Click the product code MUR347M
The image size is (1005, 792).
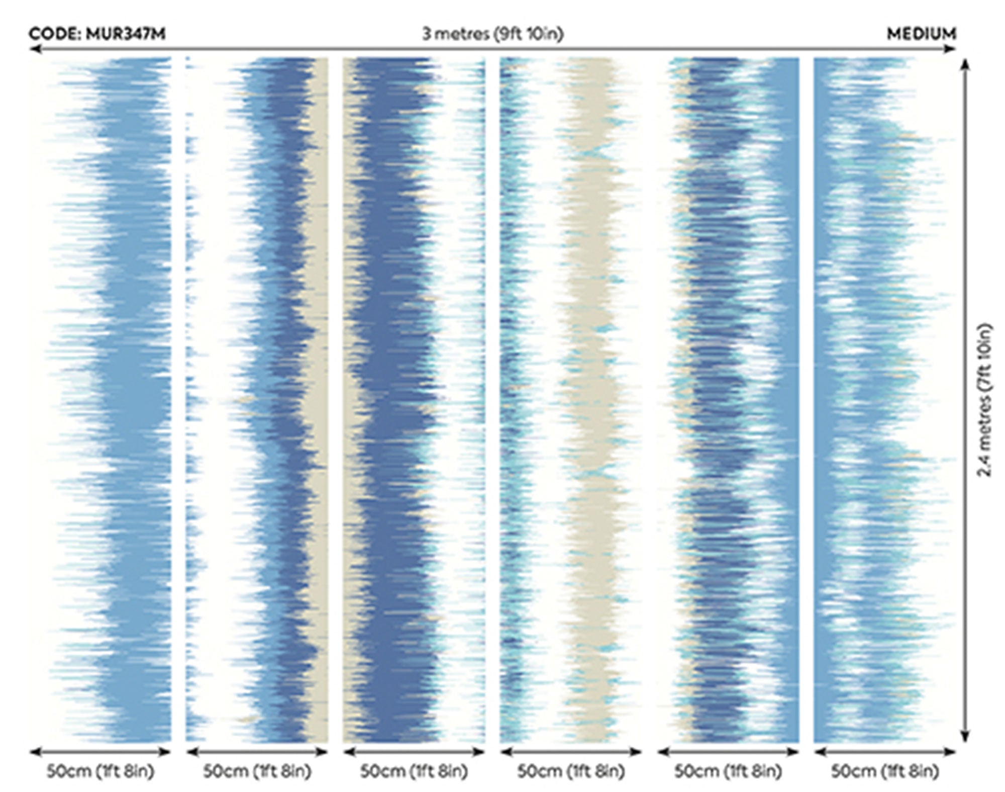(126, 34)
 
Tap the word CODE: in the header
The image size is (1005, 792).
(55, 34)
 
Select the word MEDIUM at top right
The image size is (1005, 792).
(922, 34)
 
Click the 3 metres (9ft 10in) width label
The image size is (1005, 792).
(492, 34)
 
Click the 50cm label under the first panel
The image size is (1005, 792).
(100, 771)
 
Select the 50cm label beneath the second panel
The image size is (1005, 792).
(257, 771)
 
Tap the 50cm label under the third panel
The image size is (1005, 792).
(414, 771)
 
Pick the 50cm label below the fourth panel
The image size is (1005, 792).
(571, 771)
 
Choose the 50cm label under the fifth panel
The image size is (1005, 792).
(728, 771)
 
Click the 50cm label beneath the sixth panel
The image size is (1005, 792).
(885, 771)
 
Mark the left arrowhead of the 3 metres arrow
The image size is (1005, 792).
(34, 49)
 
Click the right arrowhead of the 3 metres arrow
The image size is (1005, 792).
(951, 49)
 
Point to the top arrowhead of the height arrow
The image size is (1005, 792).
(965, 64)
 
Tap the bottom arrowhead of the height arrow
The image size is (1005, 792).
(965, 736)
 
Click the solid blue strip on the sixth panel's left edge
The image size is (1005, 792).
(820, 400)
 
